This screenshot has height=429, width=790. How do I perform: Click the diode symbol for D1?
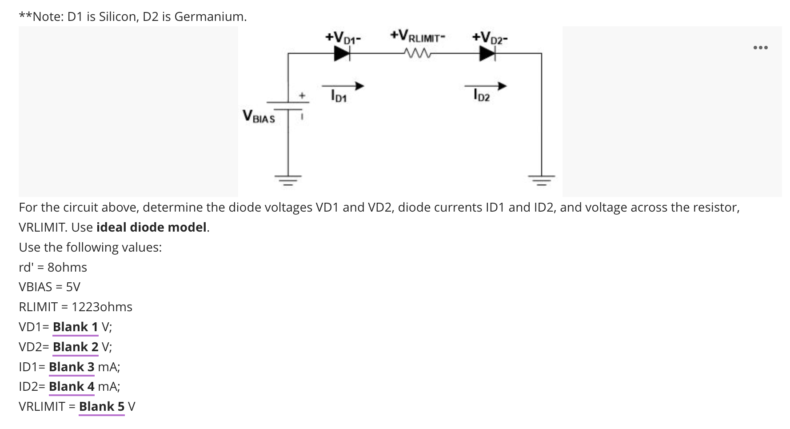click(x=342, y=54)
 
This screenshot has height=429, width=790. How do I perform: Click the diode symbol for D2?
click(x=487, y=54)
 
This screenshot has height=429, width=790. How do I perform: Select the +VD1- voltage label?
click(x=342, y=37)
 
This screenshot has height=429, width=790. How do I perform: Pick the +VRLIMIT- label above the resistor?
click(x=417, y=36)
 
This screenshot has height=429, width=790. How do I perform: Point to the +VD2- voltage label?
click(x=490, y=37)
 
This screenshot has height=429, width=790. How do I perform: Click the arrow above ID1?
click(x=343, y=86)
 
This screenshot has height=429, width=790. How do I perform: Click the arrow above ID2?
click(x=485, y=86)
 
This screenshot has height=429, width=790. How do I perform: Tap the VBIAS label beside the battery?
click(x=259, y=116)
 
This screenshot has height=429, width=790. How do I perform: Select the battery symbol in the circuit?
click(x=288, y=106)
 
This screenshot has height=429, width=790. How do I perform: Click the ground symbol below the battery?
click(x=288, y=180)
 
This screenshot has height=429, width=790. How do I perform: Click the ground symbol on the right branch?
click(x=541, y=180)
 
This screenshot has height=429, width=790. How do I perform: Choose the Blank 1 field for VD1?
click(x=75, y=327)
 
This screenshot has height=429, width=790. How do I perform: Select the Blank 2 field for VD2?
click(x=75, y=347)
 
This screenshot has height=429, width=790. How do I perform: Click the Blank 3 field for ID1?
click(x=72, y=367)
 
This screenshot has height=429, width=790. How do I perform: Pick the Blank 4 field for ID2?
click(x=72, y=387)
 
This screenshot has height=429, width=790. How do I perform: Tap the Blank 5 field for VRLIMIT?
click(x=101, y=407)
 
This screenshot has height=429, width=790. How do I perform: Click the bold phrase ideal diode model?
click(x=152, y=228)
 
